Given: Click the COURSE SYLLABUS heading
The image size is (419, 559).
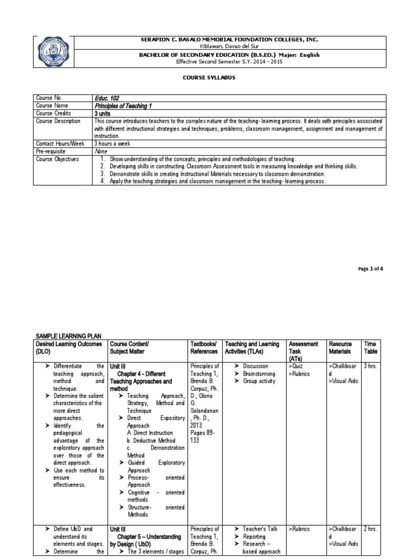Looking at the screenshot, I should tap(208, 79).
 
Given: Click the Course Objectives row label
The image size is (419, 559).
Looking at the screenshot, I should tap(57, 159).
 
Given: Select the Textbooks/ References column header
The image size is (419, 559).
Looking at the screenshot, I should tap(203, 348).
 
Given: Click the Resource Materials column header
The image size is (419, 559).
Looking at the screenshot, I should tap(340, 348).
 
